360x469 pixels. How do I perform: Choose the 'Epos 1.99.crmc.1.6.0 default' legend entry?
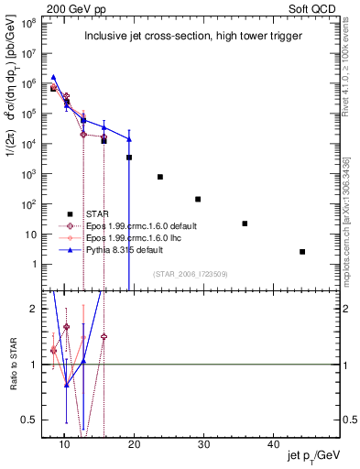147,225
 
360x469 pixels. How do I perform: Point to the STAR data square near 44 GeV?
302,252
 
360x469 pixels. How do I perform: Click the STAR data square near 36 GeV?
245,224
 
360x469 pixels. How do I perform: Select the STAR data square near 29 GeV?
198,199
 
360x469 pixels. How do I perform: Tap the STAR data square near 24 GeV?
160,177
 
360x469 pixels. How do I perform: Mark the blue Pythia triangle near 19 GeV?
129,139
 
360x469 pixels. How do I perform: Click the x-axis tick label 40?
273,444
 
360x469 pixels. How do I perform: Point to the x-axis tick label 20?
134,444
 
